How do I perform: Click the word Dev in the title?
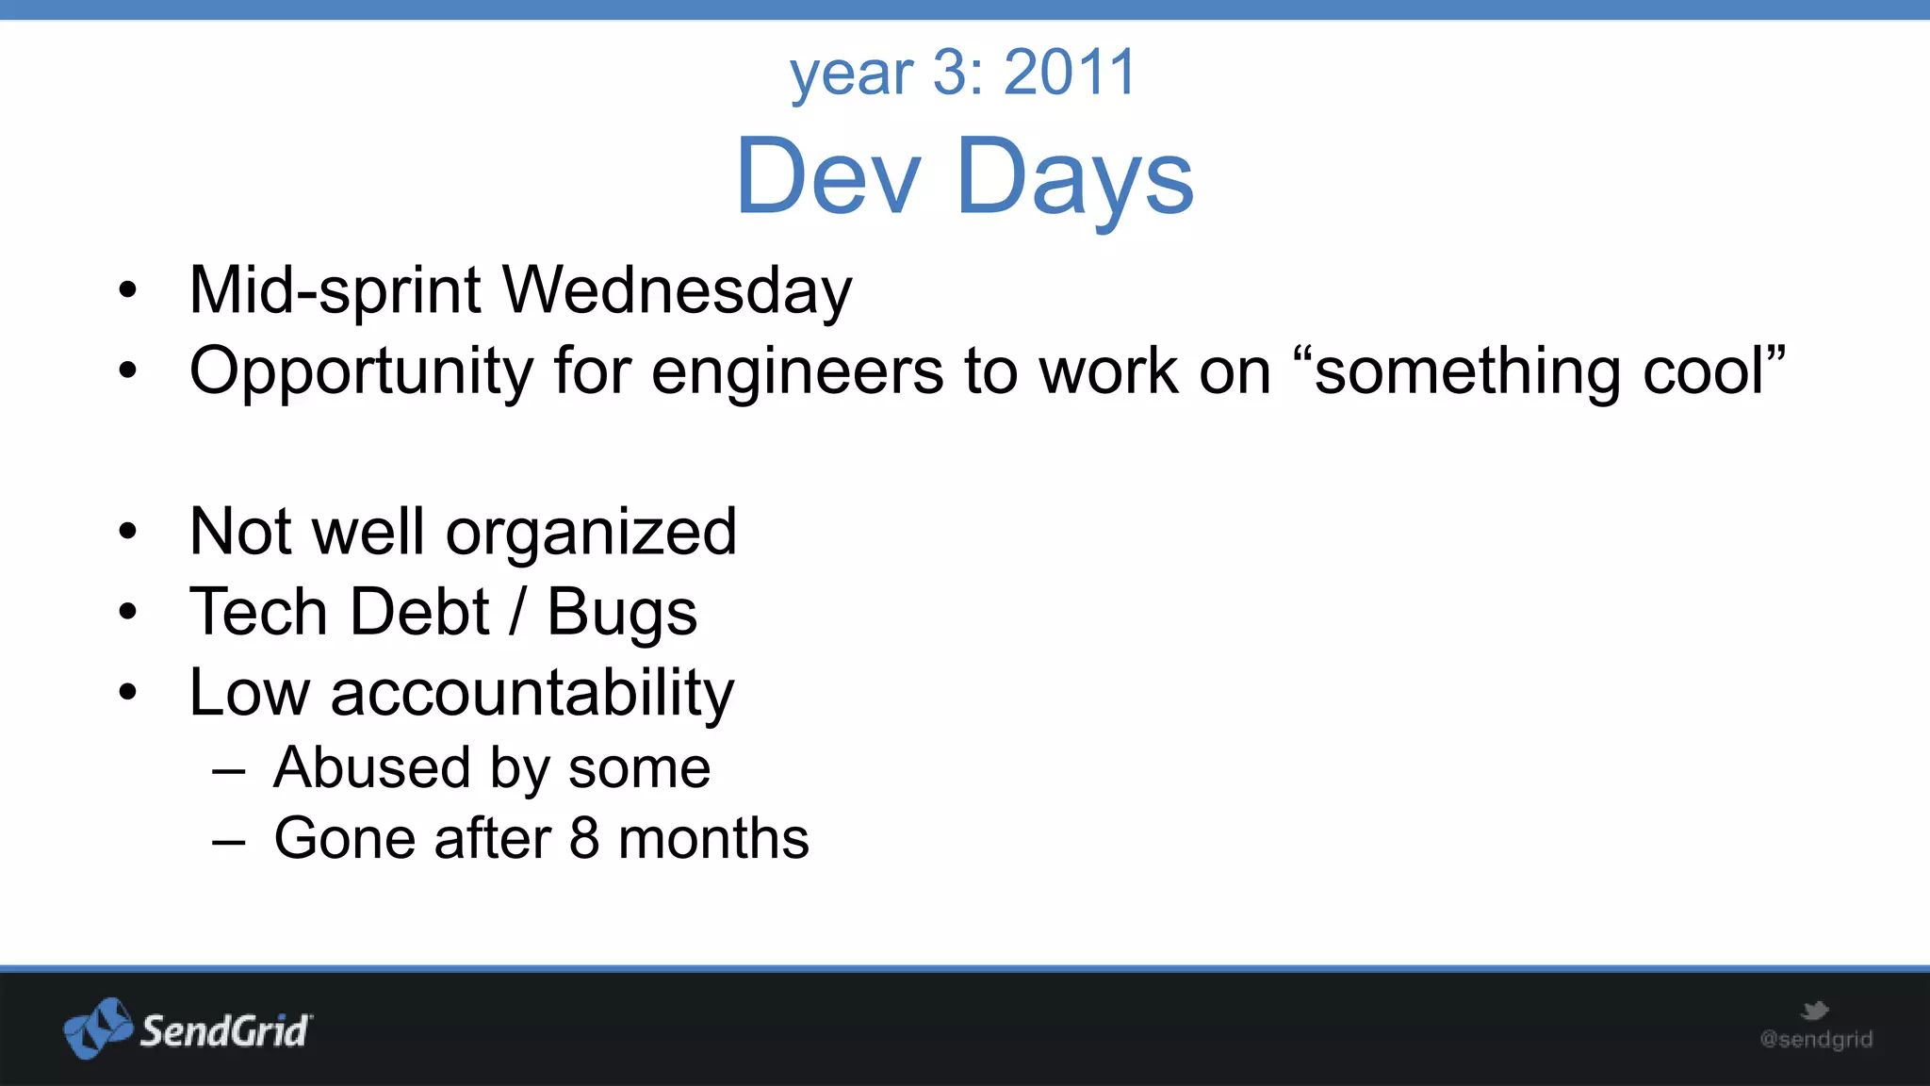coord(827,177)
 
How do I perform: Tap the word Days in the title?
coord(1074,177)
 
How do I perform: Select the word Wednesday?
coord(677,290)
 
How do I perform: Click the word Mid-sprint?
coord(335,290)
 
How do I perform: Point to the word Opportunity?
coord(361,371)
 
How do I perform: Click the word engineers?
coord(797,371)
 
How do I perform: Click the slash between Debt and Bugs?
coord(517,613)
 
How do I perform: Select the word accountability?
coord(532,694)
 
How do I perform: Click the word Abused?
coord(371,767)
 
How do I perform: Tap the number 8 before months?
coord(584,838)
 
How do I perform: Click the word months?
coord(713,838)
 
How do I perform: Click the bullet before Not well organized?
coord(128,532)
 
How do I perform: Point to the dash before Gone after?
coord(229,840)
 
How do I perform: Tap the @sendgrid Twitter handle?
coord(1816,1040)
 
